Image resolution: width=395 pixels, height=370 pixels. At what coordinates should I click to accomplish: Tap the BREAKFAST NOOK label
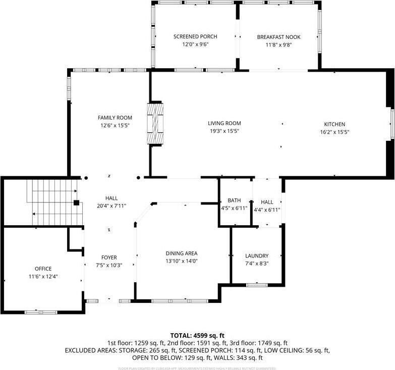(274, 37)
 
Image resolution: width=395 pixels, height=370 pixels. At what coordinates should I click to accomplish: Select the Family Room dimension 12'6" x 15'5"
(115, 125)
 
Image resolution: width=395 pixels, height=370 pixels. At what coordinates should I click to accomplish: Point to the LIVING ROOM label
(224, 123)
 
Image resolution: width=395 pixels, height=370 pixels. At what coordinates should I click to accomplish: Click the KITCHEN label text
(334, 124)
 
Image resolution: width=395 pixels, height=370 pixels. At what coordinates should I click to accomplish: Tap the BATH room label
(234, 200)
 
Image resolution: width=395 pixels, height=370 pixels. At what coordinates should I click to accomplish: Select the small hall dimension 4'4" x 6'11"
(267, 209)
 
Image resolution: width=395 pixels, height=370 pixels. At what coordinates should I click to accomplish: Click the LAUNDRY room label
(257, 256)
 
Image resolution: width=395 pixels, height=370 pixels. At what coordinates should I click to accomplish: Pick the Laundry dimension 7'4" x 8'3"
(257, 263)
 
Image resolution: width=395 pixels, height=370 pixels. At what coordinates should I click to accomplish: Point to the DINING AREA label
(182, 253)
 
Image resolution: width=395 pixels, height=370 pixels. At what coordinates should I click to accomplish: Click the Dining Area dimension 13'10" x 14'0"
(182, 261)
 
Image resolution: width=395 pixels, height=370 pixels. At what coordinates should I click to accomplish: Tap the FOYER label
(109, 257)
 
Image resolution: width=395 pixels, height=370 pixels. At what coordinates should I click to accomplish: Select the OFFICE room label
(43, 269)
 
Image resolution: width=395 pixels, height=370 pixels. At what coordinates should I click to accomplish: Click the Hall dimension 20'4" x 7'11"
(111, 205)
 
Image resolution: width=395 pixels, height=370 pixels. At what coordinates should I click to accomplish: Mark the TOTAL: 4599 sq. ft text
(197, 335)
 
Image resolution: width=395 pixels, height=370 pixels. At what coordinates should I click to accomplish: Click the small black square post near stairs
(76, 203)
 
